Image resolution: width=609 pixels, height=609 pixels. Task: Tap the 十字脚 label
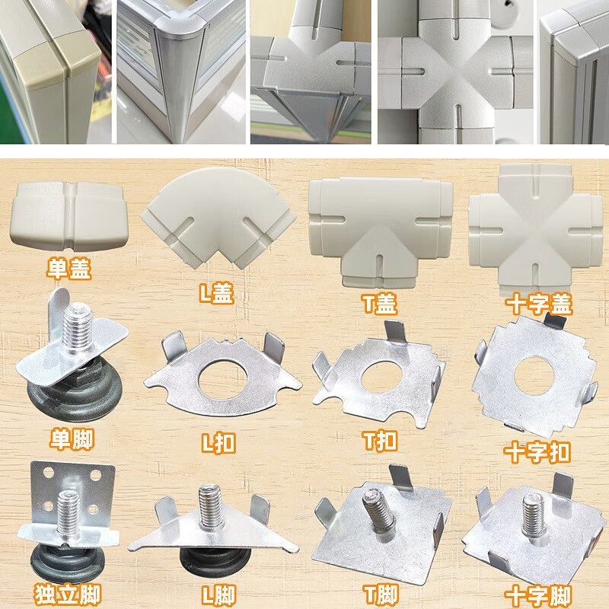[538, 593]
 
